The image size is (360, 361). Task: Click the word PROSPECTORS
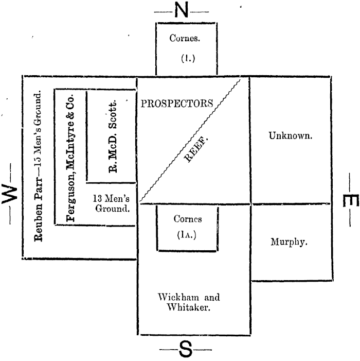[x=177, y=103]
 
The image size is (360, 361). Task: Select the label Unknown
[x=291, y=136]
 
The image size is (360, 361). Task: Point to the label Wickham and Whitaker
[x=187, y=301]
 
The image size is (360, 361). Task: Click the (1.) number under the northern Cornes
[x=187, y=58]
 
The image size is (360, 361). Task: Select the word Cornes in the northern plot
[x=187, y=38]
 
